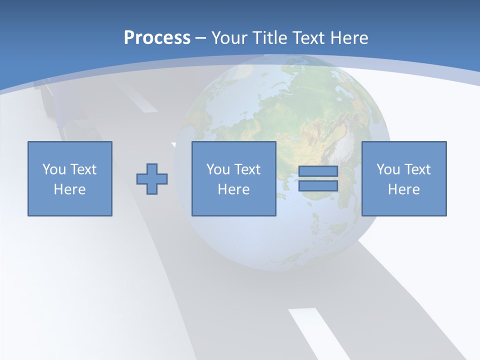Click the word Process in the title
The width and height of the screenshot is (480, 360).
click(157, 38)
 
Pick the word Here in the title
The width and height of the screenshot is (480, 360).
click(350, 38)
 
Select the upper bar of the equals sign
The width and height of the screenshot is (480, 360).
click(318, 171)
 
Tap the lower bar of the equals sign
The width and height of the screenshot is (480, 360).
click(318, 186)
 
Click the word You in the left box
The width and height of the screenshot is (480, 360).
click(53, 169)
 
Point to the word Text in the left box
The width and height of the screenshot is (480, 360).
click(82, 169)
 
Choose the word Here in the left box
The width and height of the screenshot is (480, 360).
click(70, 189)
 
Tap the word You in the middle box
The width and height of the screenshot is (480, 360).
click(217, 169)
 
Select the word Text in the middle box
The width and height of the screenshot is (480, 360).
click(246, 169)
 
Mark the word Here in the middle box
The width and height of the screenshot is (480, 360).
click(234, 189)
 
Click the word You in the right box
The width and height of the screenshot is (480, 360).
click(387, 169)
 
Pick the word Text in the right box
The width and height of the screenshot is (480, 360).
click(416, 169)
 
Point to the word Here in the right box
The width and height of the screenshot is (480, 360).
click(404, 189)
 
